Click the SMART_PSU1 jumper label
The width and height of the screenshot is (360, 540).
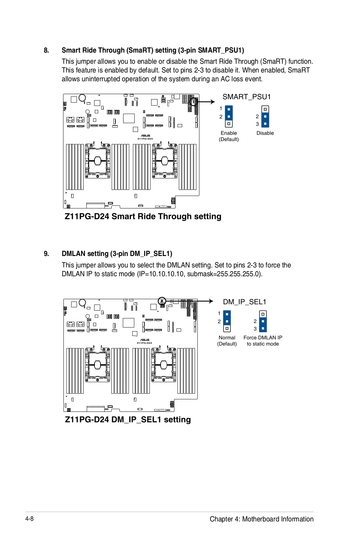tap(247, 97)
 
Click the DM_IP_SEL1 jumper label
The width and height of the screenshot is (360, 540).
tap(245, 302)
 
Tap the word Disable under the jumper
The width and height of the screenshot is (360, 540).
tap(265, 133)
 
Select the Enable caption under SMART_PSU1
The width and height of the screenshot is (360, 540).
tap(229, 133)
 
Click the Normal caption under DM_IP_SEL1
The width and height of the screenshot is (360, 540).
tap(227, 338)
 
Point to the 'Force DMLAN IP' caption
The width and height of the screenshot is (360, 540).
tap(263, 338)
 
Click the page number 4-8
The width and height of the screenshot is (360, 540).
tap(29, 519)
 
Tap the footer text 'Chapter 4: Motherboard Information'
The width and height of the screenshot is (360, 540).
tap(261, 519)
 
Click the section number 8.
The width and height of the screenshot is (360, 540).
tap(46, 51)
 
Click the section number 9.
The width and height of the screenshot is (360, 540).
tap(46, 254)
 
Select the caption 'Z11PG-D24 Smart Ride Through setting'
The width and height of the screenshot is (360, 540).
tap(143, 217)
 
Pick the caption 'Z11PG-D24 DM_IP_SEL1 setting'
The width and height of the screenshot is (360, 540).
tap(128, 420)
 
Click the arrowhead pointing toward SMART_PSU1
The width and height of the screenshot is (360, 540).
tap(213, 102)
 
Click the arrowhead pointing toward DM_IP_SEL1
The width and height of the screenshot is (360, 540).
tap(211, 301)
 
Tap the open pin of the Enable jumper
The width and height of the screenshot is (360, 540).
tap(229, 124)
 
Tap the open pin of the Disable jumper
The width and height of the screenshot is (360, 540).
tap(265, 109)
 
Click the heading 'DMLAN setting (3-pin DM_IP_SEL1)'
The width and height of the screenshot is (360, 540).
tap(117, 254)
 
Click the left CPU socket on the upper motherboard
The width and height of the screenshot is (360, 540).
tap(98, 161)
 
